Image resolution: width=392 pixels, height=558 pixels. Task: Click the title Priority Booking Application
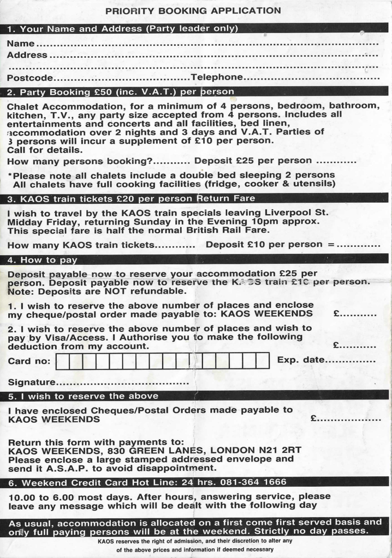pos(193,10)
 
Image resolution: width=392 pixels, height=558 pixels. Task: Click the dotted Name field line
pos(207,44)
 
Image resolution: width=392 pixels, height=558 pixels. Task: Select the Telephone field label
pos(216,77)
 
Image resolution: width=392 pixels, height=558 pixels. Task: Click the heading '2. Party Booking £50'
pos(121,92)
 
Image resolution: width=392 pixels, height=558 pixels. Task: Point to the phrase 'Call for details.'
pos(45,149)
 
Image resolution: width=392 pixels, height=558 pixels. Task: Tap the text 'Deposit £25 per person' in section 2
pos(253,161)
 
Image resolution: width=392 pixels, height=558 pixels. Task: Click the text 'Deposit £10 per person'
pos(264,245)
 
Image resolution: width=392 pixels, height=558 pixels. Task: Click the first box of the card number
pos(62,361)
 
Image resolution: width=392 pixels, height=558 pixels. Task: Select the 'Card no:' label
pos(29,361)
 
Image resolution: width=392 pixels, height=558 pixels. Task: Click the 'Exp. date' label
pos(301,360)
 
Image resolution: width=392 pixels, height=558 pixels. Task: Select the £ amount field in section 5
pos(349,420)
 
